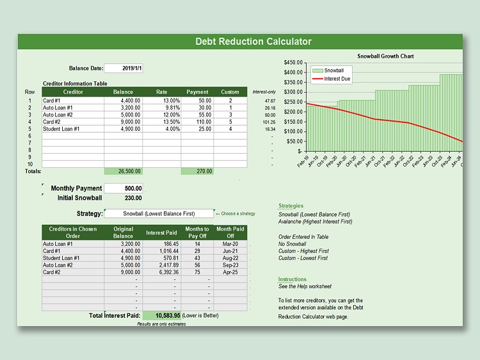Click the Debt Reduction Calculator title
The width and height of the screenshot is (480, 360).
[x=253, y=42]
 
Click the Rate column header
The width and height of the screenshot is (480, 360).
[x=162, y=92]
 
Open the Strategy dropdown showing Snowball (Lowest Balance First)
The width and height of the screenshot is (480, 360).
[x=159, y=213]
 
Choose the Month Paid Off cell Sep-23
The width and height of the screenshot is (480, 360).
[x=230, y=265]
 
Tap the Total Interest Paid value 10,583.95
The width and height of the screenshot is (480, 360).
[x=162, y=315]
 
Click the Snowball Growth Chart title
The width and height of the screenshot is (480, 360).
[x=385, y=56]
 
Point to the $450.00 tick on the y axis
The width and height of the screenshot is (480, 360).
[x=292, y=63]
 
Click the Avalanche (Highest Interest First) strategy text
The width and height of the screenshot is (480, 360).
[x=315, y=222]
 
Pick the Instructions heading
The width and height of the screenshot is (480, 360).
[x=292, y=279]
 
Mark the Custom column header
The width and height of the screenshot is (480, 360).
[x=230, y=92]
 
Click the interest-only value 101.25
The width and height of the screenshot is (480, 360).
[x=269, y=122]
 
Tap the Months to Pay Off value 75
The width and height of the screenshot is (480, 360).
[x=197, y=272]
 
